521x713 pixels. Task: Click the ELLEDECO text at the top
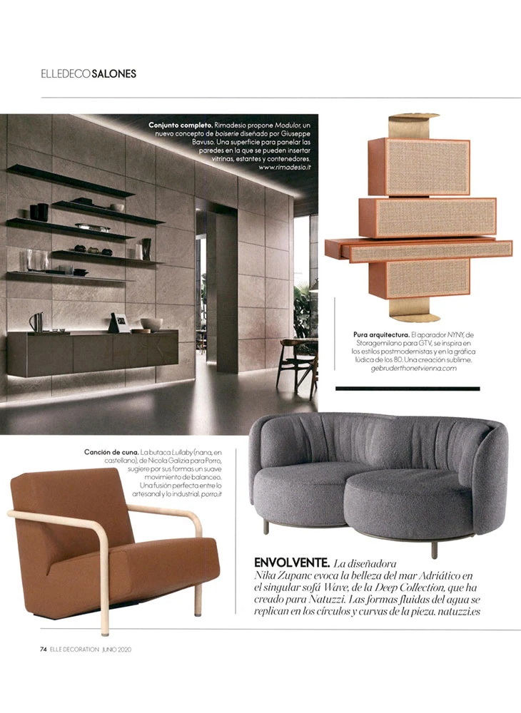point(66,73)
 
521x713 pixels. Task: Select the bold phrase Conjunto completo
point(178,125)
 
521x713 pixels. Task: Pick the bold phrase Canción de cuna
point(111,452)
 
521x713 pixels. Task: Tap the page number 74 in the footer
point(44,649)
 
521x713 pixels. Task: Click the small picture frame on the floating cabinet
point(121,322)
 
